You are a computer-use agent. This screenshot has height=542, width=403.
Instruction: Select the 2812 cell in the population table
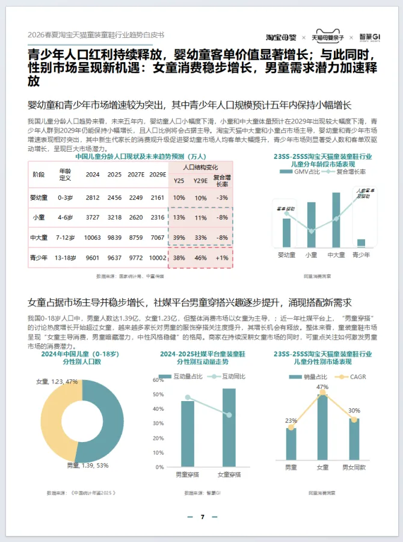[x=93, y=198]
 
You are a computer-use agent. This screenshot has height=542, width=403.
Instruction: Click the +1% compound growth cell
[x=222, y=257]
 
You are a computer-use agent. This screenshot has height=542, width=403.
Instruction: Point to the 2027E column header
[x=136, y=175]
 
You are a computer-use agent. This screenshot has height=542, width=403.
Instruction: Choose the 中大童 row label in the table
[x=38, y=237]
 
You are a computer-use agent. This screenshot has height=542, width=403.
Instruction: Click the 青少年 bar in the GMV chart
[x=361, y=243]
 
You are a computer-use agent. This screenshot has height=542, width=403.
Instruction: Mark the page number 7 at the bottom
[x=202, y=517]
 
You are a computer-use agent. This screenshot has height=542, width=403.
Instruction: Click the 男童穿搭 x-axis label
[x=188, y=475]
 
